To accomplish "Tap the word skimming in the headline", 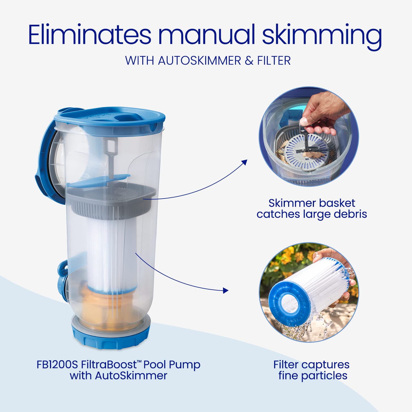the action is point(322,37).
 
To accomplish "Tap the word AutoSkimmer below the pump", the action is point(131,376).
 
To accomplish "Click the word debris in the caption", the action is point(350,214).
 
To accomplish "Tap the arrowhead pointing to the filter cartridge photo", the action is point(226,290).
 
